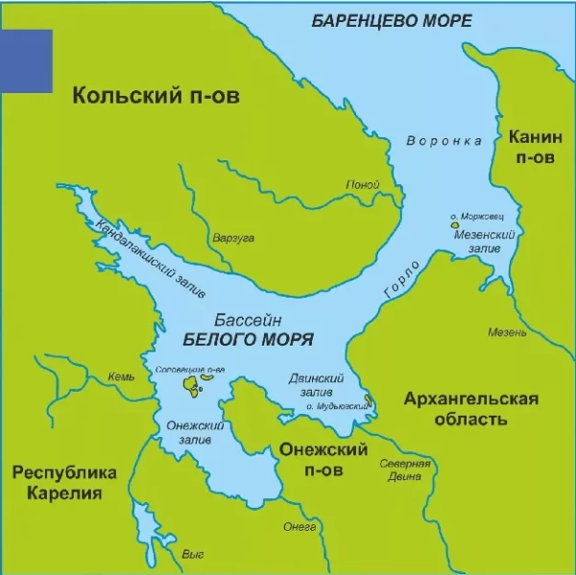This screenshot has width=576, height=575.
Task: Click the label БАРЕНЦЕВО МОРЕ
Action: (392, 21)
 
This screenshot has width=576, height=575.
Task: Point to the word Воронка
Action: (444, 141)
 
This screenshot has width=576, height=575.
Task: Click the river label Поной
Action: (363, 185)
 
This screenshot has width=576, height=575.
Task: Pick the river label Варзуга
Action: (232, 238)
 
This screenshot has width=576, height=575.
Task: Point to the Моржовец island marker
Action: (468, 227)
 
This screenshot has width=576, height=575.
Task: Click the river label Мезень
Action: (507, 333)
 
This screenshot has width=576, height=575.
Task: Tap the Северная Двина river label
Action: (404, 470)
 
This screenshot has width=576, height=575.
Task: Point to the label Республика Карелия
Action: (64, 483)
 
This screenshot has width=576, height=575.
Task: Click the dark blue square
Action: (26, 60)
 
